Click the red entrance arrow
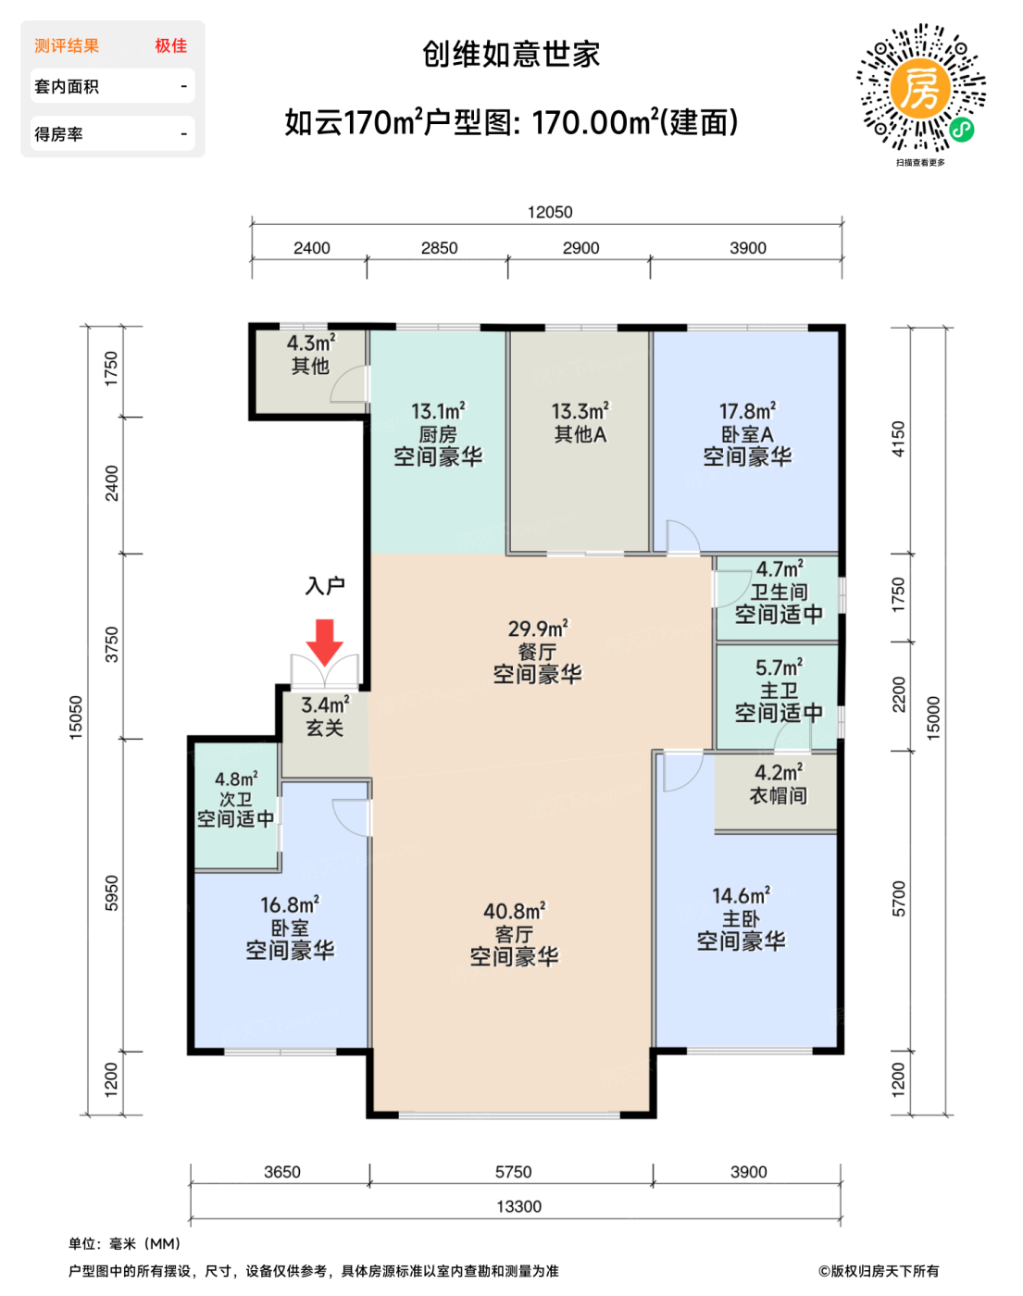coord(325,642)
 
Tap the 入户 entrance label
coord(325,585)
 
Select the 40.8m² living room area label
coord(515,911)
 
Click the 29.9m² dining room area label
coord(538,629)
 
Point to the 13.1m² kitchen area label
coord(438,411)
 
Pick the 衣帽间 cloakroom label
coord(779,795)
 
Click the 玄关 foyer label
coord(325,729)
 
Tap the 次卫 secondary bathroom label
coord(235,799)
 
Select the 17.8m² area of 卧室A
coord(748,411)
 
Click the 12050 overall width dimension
coord(550,212)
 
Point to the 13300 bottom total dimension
coord(518,1206)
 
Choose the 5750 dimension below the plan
coord(513,1172)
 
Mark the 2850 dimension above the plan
coord(439,248)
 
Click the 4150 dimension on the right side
coord(898,439)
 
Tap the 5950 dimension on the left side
coord(112,893)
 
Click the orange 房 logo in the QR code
coord(920,89)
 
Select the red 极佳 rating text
coord(171,45)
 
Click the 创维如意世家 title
coord(511,55)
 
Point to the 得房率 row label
coord(58,133)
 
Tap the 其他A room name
coord(580,434)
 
